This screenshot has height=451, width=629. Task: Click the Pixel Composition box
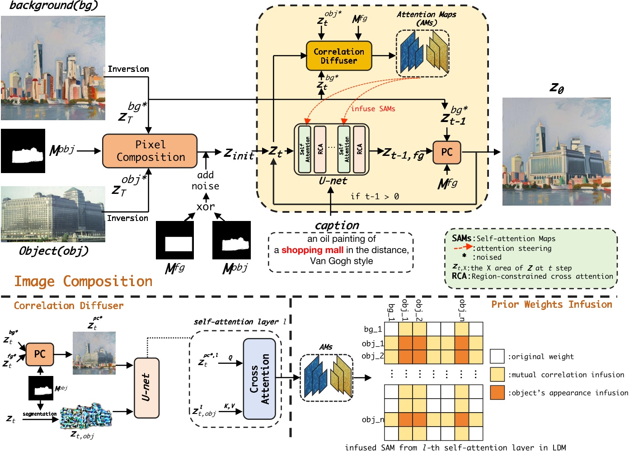[150, 151]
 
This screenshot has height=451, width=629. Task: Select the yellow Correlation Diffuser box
[339, 56]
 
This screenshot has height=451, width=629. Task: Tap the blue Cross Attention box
[259, 379]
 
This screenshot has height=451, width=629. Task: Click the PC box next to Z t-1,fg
[446, 152]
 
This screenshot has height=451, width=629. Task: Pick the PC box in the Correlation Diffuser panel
[40, 354]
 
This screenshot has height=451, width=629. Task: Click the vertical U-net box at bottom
[146, 388]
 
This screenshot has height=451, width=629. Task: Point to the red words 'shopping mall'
[312, 250]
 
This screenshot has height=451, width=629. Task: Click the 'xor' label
[206, 207]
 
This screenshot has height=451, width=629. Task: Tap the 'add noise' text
[205, 180]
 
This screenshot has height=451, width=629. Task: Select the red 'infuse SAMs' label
[373, 109]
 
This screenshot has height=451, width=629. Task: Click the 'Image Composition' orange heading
[83, 282]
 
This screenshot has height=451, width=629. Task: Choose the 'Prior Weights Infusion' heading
[551, 305]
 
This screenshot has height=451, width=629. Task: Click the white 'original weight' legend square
[497, 357]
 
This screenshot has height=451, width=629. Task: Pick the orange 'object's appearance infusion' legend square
[497, 393]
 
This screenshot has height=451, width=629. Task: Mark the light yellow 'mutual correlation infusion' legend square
[497, 375]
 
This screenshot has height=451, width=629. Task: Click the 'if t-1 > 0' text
[375, 197]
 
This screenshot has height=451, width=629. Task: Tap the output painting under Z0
[556, 152]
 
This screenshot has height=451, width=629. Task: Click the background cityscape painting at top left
[53, 68]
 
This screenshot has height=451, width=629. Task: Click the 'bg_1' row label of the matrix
[373, 329]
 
